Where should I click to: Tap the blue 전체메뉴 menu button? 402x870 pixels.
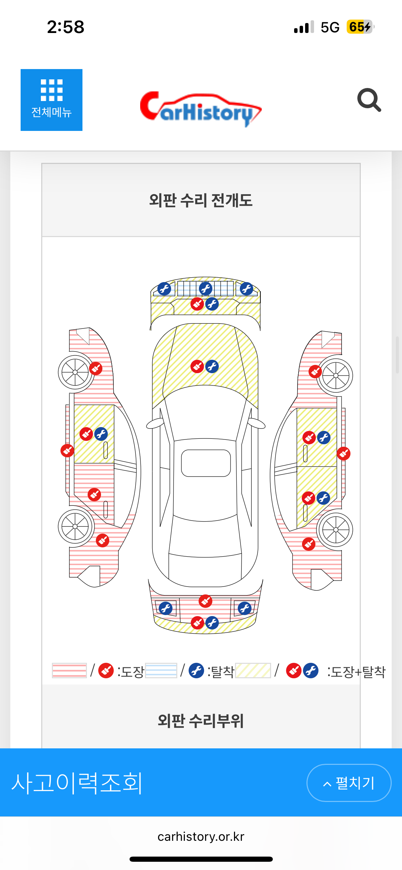click(x=52, y=100)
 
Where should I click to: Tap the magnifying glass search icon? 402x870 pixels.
click(x=369, y=100)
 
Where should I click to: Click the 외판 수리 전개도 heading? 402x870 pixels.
click(x=201, y=200)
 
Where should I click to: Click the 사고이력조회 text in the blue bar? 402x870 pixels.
click(x=77, y=783)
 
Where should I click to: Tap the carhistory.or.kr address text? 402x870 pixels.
click(x=201, y=837)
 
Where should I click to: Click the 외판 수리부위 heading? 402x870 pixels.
click(x=201, y=721)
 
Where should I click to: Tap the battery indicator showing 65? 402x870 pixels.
click(x=360, y=27)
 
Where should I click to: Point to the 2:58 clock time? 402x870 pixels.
click(x=66, y=27)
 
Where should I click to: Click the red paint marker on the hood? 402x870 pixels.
click(x=197, y=367)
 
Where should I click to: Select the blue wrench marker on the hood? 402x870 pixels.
click(x=212, y=367)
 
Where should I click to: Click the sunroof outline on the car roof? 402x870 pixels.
click(x=206, y=463)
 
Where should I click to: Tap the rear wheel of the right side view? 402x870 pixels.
click(x=335, y=530)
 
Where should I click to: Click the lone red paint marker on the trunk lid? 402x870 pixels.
click(x=205, y=601)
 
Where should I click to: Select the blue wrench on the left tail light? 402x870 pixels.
click(x=166, y=609)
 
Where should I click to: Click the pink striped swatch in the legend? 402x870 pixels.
click(x=69, y=670)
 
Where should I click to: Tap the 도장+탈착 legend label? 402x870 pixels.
click(x=357, y=672)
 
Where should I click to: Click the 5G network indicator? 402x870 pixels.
click(x=330, y=27)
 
